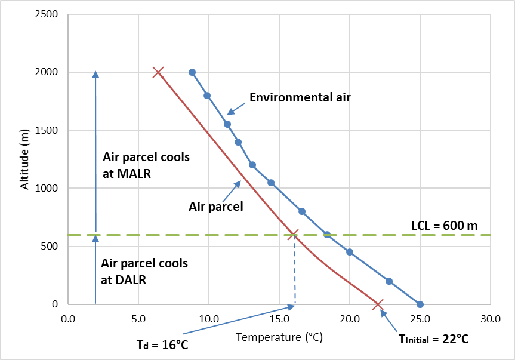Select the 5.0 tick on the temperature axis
point(138,319)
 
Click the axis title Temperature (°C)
point(279,337)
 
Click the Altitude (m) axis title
point(25,159)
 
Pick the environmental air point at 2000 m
point(192,72)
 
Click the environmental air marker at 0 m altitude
point(420,304)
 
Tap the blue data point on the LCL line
point(327,235)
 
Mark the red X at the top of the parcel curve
point(158,72)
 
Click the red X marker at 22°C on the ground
point(378,305)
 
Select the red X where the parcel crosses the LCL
point(293,235)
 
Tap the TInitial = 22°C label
point(433,339)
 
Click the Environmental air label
point(300,97)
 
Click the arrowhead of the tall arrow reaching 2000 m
point(95,75)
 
